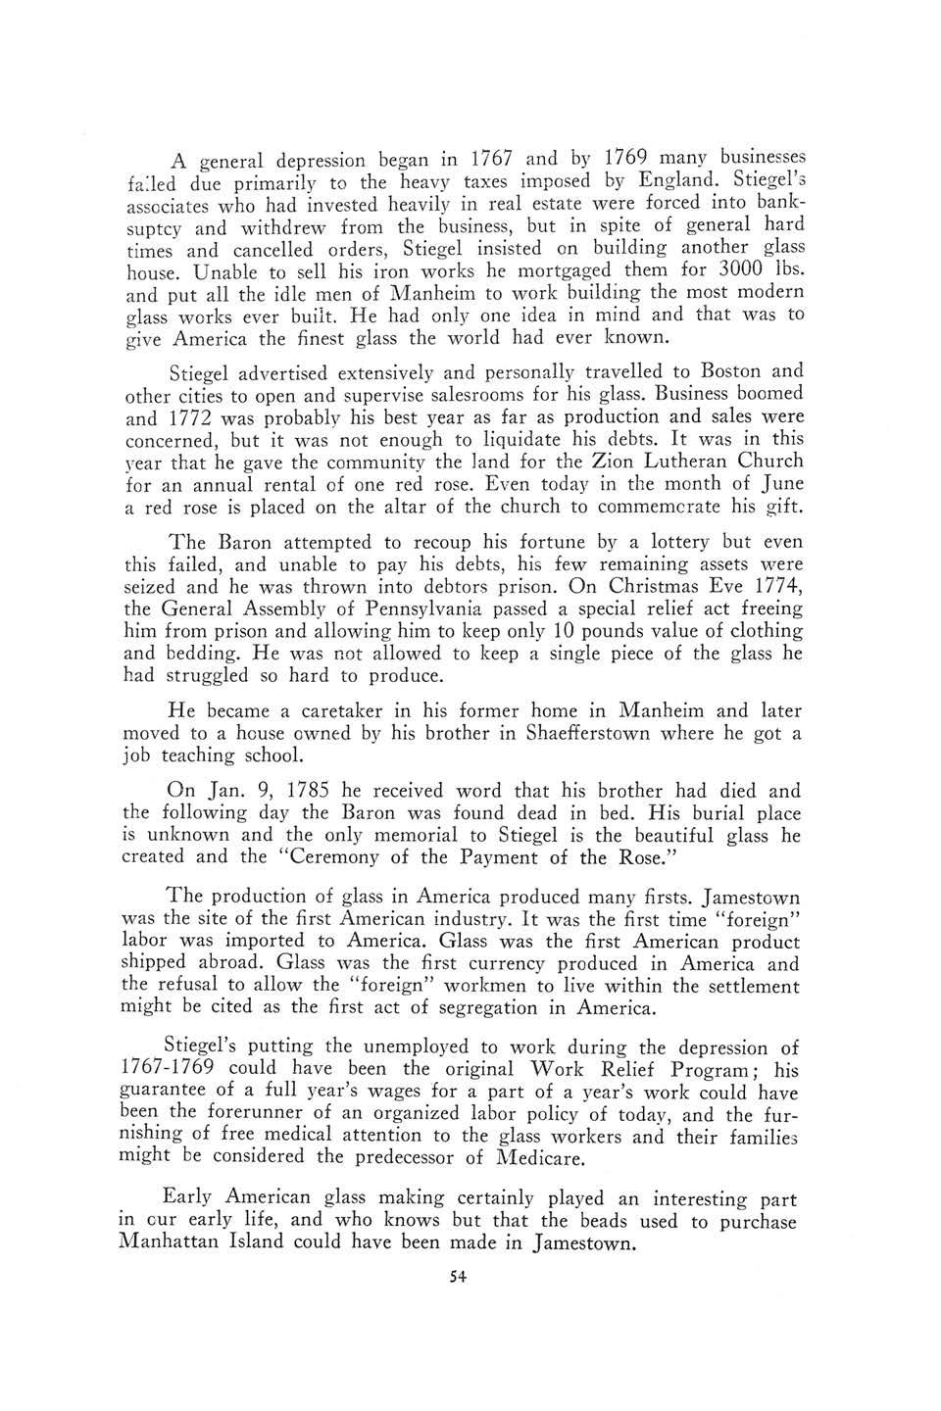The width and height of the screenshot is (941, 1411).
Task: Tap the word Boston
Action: (x=728, y=371)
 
